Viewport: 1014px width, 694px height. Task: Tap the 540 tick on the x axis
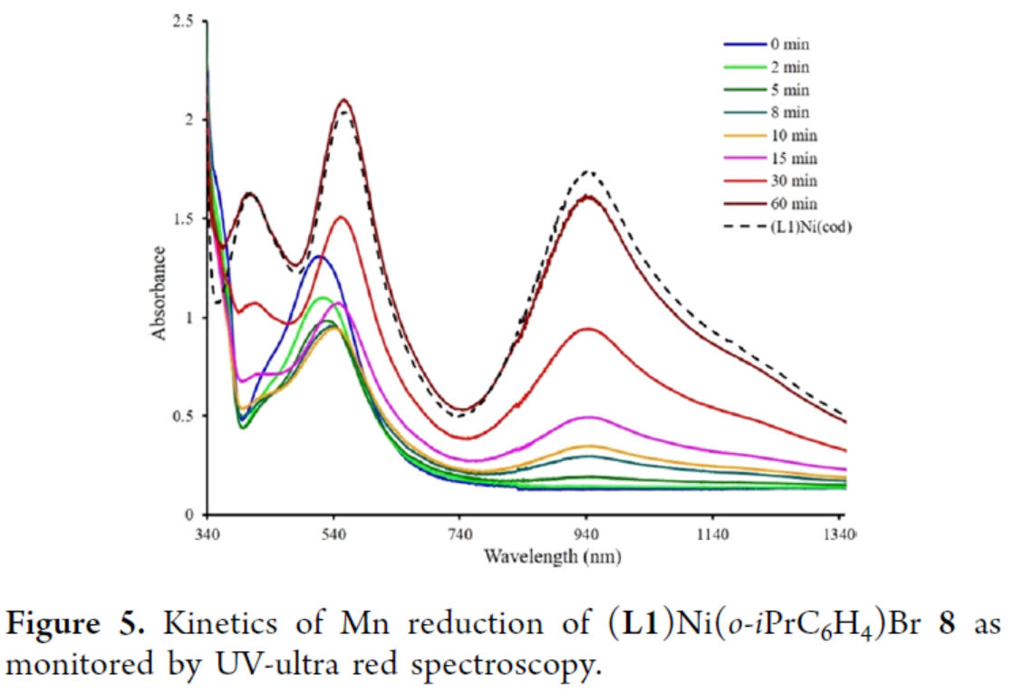pos(334,532)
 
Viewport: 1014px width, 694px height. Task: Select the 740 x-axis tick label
pos(460,532)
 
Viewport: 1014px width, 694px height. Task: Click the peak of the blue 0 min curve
pos(317,256)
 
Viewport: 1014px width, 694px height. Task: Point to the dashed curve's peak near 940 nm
pos(589,171)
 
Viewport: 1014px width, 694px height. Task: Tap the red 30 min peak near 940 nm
pos(588,329)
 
